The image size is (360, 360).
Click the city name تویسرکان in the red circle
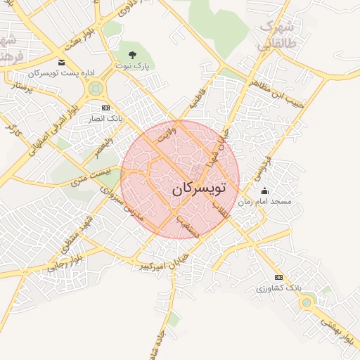click(x=199, y=188)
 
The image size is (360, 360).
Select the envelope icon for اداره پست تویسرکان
click(x=62, y=63)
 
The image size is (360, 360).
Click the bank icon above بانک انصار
click(x=106, y=108)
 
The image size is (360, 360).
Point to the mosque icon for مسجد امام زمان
click(x=264, y=191)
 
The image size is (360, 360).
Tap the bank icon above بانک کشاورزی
click(x=279, y=277)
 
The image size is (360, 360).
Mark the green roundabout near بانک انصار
click(x=94, y=89)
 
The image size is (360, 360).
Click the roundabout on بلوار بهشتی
click(x=306, y=302)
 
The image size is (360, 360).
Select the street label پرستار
click(x=20, y=88)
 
